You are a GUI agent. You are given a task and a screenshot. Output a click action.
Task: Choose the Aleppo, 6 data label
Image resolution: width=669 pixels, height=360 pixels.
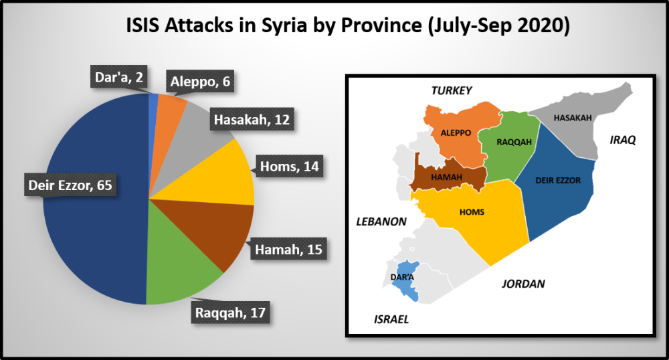click(200, 84)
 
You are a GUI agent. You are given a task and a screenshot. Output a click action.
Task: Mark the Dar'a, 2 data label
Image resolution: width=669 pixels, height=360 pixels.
click(119, 78)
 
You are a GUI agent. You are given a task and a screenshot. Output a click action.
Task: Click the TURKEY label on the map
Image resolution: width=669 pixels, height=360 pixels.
click(452, 90)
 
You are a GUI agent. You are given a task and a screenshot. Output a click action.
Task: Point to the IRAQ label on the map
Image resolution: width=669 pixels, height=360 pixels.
click(622, 140)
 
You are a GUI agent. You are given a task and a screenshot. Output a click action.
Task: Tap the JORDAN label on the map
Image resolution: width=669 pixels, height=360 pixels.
click(523, 284)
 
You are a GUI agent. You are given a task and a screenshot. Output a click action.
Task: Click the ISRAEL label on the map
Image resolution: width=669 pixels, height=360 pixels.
click(391, 319)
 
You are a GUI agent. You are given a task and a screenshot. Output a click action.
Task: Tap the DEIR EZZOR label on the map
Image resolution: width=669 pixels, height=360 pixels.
click(557, 180)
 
